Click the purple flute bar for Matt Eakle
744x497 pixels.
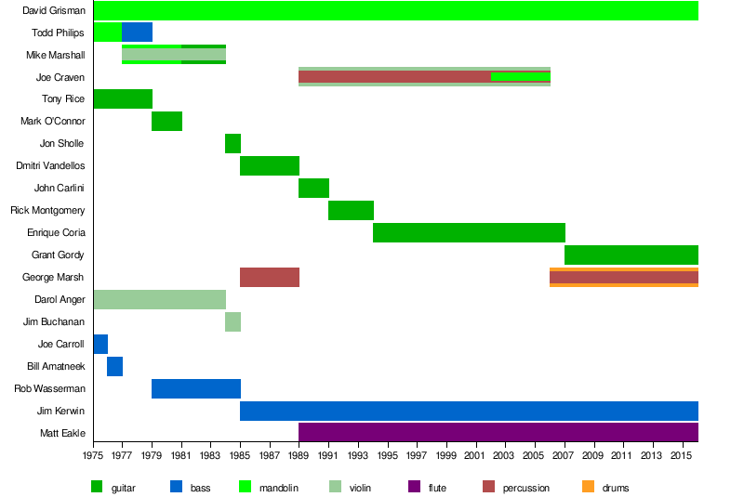pyautogui.click(x=498, y=432)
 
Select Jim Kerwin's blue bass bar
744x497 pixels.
pyautogui.click(x=469, y=411)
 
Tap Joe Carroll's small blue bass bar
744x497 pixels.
pyautogui.click(x=100, y=344)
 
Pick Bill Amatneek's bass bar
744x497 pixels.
pyautogui.click(x=114, y=366)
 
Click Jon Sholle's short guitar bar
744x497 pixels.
pyautogui.click(x=232, y=143)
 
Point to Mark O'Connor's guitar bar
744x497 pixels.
pyautogui.click(x=166, y=121)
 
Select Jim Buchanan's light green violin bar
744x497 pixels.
pyautogui.click(x=232, y=321)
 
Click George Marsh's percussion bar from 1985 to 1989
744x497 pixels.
pyautogui.click(x=270, y=277)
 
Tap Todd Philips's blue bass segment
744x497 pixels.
pyautogui.click(x=137, y=32)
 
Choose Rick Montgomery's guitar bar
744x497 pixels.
pyautogui.click(x=351, y=210)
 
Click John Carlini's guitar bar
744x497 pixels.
pyautogui.click(x=313, y=188)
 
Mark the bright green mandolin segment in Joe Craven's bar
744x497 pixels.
pyautogui.click(x=521, y=76)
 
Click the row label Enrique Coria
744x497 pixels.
pyautogui.click(x=56, y=232)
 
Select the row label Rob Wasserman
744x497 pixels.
pyautogui.click(x=49, y=388)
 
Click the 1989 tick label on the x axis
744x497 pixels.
pyautogui.click(x=299, y=455)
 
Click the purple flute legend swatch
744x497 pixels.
pyautogui.click(x=414, y=486)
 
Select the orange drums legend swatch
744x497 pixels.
pyautogui.click(x=588, y=486)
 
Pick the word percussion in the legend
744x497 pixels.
pyautogui.click(x=525, y=488)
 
